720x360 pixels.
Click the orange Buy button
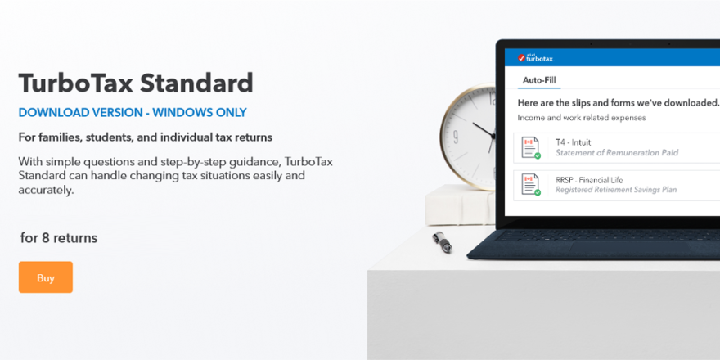tap(46, 277)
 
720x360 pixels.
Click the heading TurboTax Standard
tap(136, 83)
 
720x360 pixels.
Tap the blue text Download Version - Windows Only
tap(133, 113)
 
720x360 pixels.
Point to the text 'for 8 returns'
tap(59, 238)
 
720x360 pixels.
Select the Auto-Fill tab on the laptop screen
tap(539, 80)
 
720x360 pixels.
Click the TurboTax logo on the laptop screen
tap(535, 58)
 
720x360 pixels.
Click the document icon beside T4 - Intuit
tap(531, 147)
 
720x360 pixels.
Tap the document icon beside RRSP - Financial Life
tap(531, 184)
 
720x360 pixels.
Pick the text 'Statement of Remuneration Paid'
tap(617, 153)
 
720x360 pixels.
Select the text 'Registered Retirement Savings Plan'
tap(616, 190)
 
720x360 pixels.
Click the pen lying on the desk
tap(442, 242)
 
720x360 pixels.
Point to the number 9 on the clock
tap(455, 137)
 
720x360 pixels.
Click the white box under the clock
tap(459, 205)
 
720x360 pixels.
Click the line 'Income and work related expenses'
tap(582, 118)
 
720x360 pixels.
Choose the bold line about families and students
tap(146, 137)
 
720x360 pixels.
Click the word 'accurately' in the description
tap(46, 191)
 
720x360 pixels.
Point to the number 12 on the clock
tap(493, 98)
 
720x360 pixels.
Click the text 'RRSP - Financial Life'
tap(589, 179)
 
